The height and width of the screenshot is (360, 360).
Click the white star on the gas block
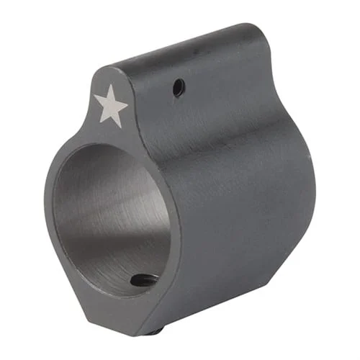(x=111, y=106)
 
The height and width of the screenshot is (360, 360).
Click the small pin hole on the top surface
(x=179, y=88)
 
